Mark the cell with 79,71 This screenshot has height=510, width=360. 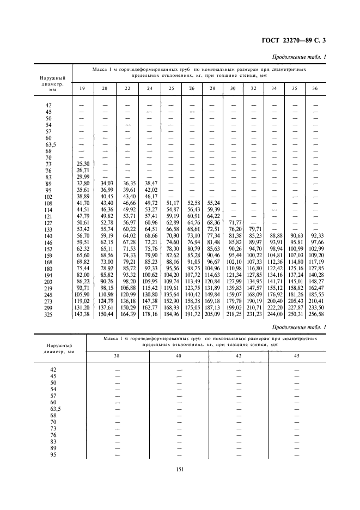pos(254,229)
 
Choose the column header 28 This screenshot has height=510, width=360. pos(212,88)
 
